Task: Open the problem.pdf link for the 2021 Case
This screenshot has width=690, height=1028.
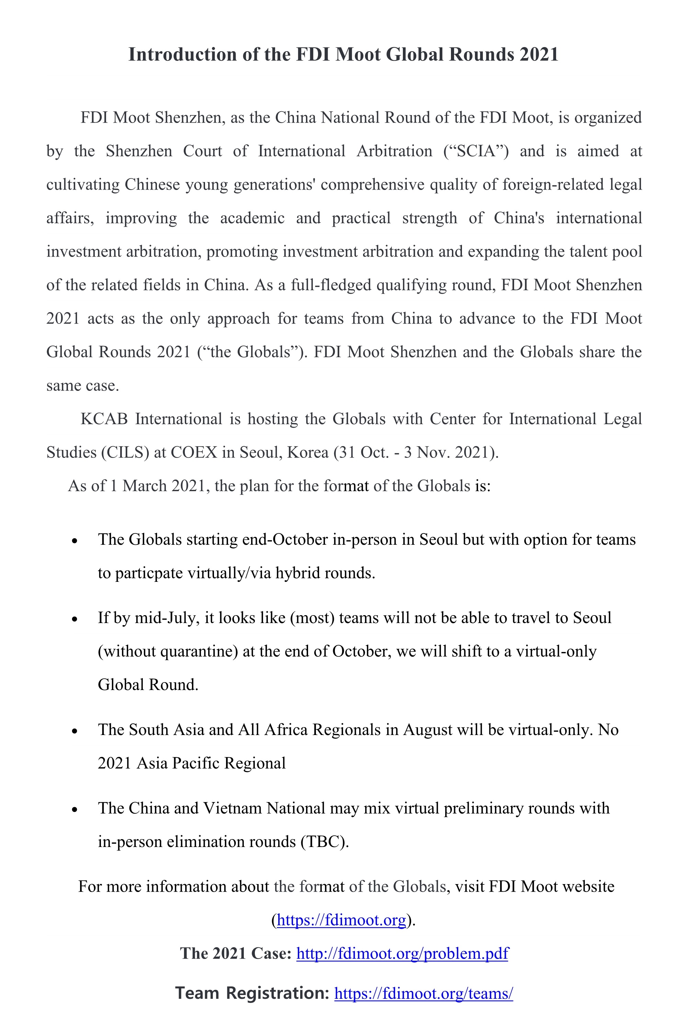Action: click(402, 953)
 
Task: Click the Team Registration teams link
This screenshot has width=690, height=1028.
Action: click(423, 994)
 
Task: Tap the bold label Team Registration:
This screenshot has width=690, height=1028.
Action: click(252, 994)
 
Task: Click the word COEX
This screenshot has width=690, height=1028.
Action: click(194, 452)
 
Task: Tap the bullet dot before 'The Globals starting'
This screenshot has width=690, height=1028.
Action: click(75, 541)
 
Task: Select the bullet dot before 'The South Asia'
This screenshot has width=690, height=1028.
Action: click(75, 731)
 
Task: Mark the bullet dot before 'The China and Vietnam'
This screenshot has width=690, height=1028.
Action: click(75, 809)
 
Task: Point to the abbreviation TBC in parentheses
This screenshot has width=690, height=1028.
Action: click(324, 842)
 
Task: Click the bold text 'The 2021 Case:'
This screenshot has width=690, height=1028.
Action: click(235, 953)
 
